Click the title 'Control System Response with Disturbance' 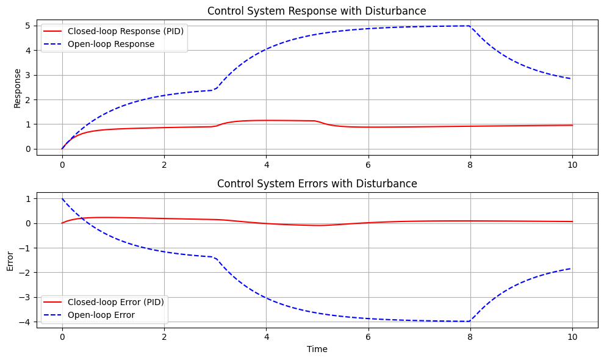point(317,11)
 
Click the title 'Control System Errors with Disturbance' point(317,184)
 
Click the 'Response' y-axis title point(17,88)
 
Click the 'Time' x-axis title point(317,349)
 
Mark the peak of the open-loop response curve point(469,26)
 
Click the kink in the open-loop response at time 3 point(215,90)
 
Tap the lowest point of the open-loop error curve point(469,322)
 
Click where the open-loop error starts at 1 point(62,199)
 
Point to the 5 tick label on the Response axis point(28,26)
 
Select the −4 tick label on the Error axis point(26,322)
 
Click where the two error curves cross point(82,218)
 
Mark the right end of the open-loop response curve point(572,79)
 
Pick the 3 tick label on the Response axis point(28,75)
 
